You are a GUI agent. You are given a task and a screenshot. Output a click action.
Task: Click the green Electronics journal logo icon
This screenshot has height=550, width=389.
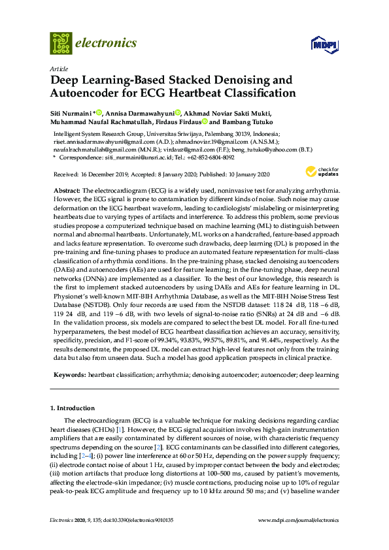click(61, 42)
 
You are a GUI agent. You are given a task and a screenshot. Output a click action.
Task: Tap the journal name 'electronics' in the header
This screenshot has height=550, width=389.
click(107, 43)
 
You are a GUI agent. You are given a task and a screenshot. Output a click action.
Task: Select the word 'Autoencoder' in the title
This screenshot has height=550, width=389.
click(84, 93)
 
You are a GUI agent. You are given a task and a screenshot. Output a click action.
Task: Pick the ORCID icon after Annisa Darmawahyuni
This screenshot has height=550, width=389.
click(178, 112)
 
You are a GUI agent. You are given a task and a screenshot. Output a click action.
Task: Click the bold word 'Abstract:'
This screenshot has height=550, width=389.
click(66, 189)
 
